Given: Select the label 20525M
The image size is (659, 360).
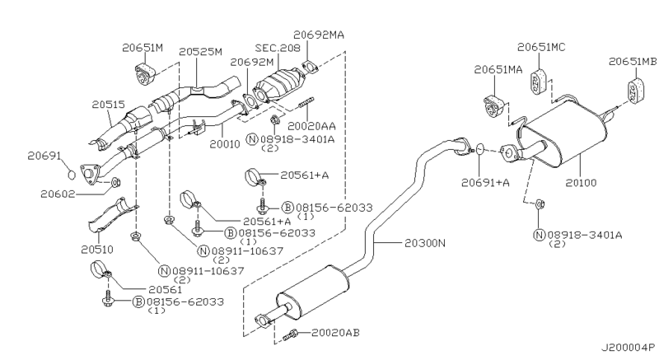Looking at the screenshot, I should click(x=201, y=51).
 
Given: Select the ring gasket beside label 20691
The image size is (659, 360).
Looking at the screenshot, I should click(x=71, y=174).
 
